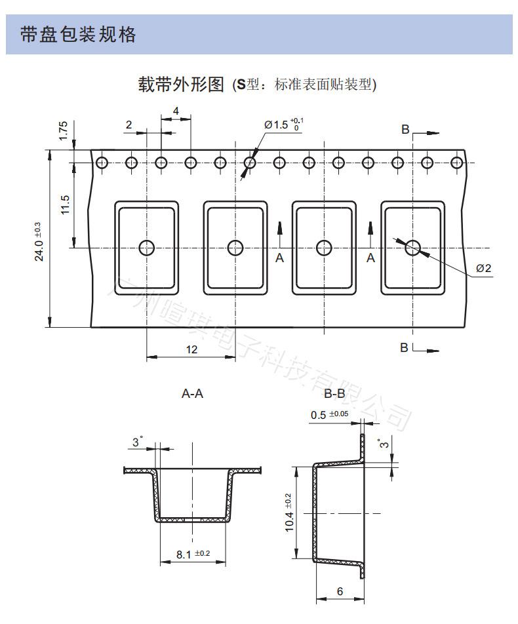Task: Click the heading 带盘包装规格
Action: point(79,35)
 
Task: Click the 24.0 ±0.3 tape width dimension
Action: point(38,241)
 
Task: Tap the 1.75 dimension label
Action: point(63,129)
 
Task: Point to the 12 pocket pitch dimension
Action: point(191,349)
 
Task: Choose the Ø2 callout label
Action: point(484,268)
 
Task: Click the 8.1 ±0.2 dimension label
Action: point(193,555)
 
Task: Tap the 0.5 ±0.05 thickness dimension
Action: point(329,414)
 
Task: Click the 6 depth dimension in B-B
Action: point(340,591)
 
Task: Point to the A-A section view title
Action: point(192,394)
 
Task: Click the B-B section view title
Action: point(334,394)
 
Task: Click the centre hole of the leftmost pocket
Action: point(146,247)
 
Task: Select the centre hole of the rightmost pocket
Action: point(413,247)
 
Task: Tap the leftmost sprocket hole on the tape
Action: point(101,163)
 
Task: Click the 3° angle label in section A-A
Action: point(137,442)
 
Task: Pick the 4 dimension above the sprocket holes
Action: point(176,111)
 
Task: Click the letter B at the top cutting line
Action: point(405,129)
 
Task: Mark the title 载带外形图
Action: point(180,85)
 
